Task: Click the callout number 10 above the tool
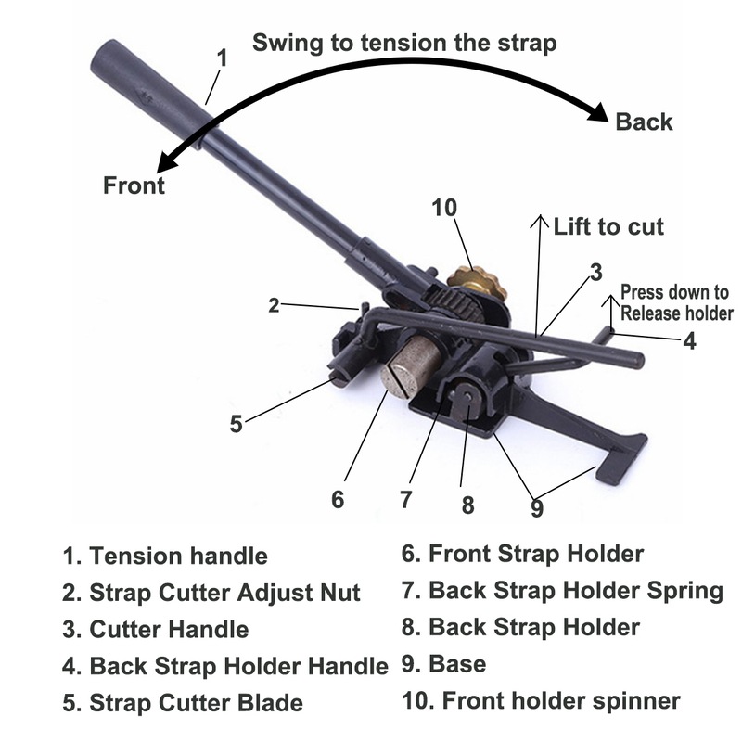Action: click(x=444, y=208)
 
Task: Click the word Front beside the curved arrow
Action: click(x=134, y=185)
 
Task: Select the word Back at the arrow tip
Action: click(x=644, y=122)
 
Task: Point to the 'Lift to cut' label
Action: click(x=608, y=226)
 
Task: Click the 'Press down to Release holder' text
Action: click(x=674, y=303)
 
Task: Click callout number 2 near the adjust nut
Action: click(x=274, y=305)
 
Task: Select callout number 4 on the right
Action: click(x=688, y=341)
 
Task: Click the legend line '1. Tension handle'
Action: click(x=165, y=556)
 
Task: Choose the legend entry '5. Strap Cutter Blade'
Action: click(x=183, y=702)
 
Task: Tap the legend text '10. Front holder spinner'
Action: click(x=541, y=700)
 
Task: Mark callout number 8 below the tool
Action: click(x=467, y=505)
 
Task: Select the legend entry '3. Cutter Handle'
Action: click(x=156, y=629)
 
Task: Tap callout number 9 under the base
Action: click(x=536, y=507)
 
